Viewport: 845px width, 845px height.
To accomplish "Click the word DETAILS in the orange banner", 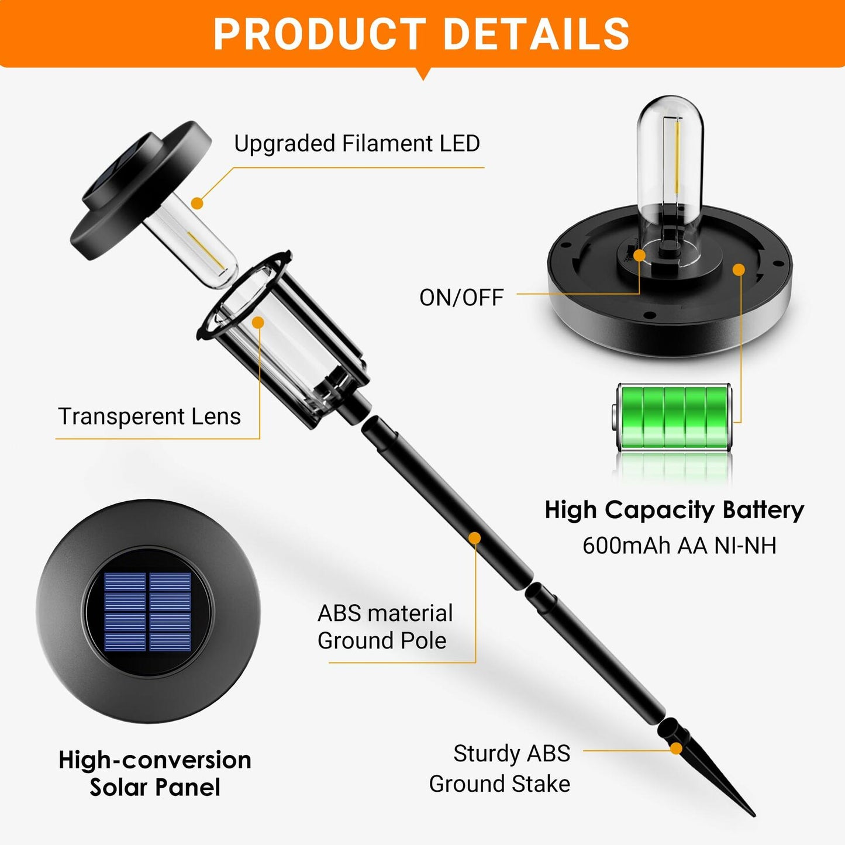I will pyautogui.click(x=536, y=34).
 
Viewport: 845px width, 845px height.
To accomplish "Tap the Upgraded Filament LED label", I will pyautogui.click(x=357, y=143).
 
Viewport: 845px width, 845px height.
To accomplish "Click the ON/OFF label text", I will pyautogui.click(x=461, y=298).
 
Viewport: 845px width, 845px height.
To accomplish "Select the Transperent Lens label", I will pyautogui.click(x=150, y=416).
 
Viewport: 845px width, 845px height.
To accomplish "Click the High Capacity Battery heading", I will pyautogui.click(x=674, y=510).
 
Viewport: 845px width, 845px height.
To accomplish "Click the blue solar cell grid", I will pyautogui.click(x=148, y=611).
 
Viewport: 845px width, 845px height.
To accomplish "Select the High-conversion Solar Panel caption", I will pyautogui.click(x=155, y=773).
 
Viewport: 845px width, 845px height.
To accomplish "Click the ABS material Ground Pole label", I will pyautogui.click(x=385, y=627).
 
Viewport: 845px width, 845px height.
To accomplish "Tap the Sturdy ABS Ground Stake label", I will pyautogui.click(x=500, y=768).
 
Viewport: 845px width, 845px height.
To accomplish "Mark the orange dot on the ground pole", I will pyautogui.click(x=475, y=538).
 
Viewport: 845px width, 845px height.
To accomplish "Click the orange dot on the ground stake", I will pyautogui.click(x=676, y=749).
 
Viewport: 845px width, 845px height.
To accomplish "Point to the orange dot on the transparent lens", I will pyautogui.click(x=258, y=322).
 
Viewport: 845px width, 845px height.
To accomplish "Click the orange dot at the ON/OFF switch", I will pyautogui.click(x=639, y=255).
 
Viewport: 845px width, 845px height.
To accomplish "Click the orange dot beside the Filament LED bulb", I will pyautogui.click(x=198, y=204).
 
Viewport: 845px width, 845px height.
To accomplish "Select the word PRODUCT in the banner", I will pyautogui.click(x=319, y=34).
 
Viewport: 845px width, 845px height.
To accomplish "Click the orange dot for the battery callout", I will pyautogui.click(x=739, y=270).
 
